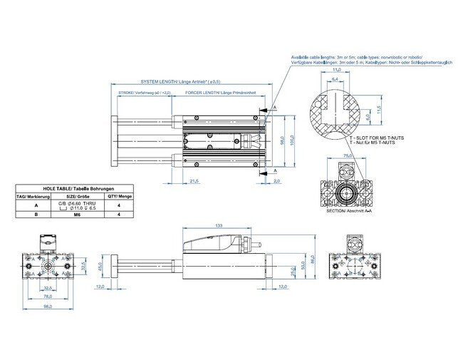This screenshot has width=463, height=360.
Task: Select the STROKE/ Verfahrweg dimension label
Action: [145, 93]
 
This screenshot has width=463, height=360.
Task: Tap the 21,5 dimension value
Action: [194, 181]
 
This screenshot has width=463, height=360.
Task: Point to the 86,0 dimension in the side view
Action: [312, 259]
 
